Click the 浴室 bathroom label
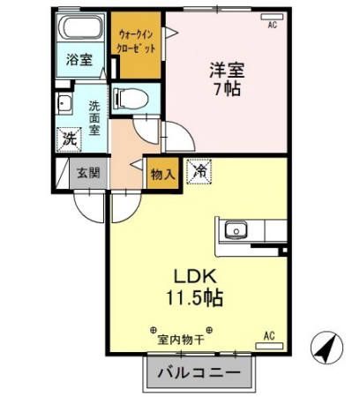79,60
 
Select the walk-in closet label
135,40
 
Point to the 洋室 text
228,66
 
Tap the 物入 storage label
161,173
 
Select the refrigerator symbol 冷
199,170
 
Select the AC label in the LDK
270,336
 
